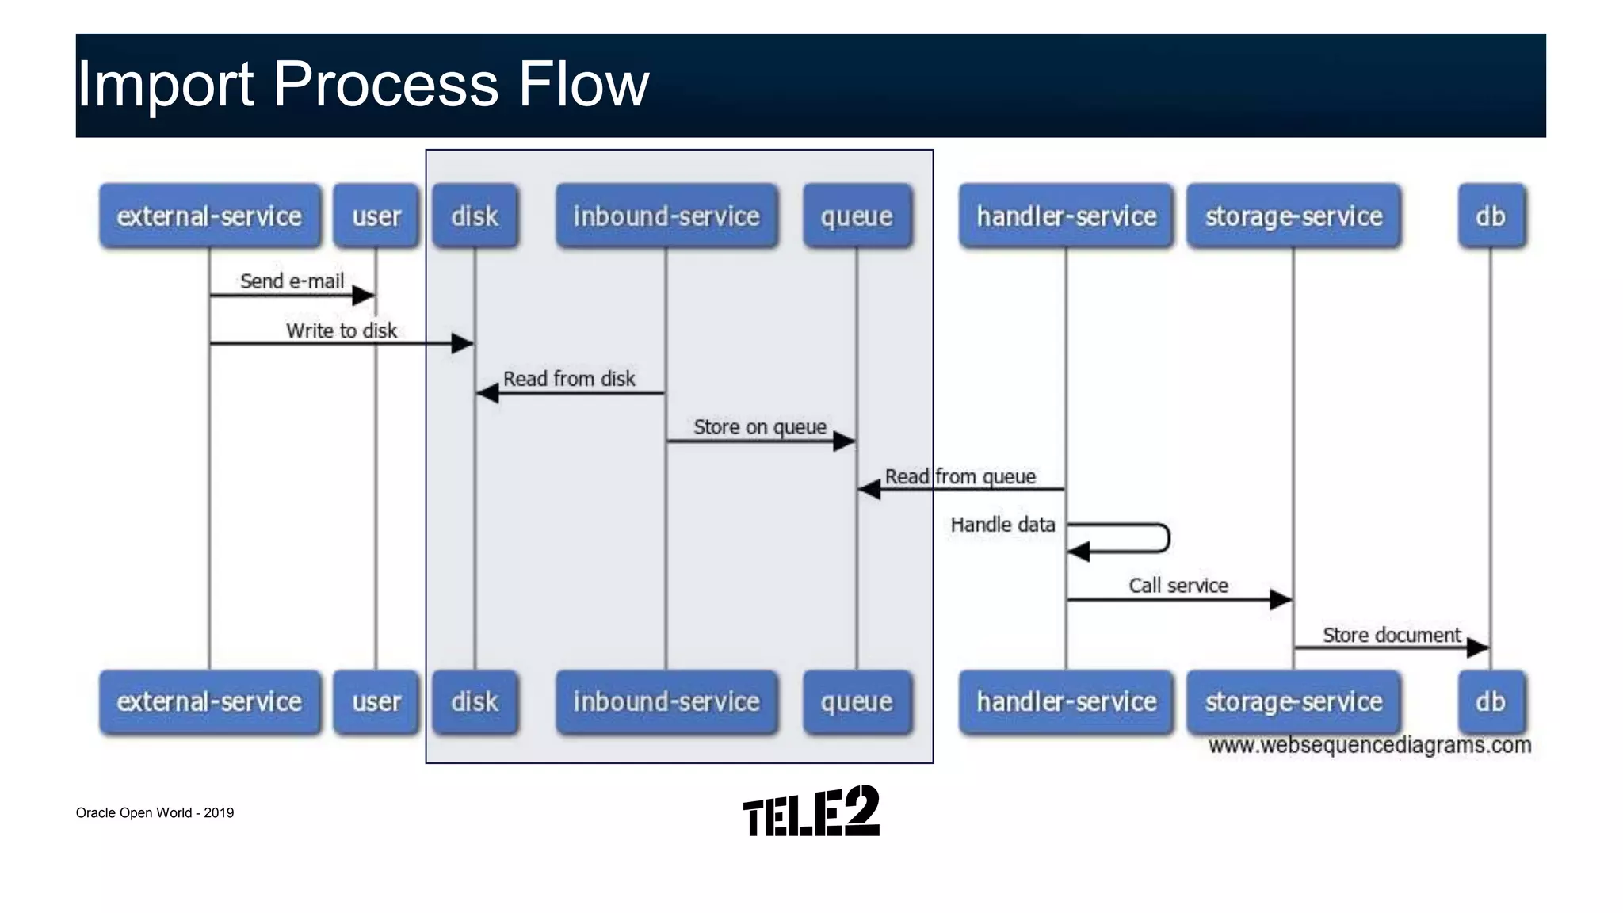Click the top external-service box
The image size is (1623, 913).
(x=210, y=216)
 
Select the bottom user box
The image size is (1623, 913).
(x=376, y=701)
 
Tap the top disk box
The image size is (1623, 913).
(x=475, y=216)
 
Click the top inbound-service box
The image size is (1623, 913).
(x=666, y=216)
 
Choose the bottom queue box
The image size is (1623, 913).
(x=857, y=701)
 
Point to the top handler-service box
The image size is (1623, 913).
(x=1066, y=216)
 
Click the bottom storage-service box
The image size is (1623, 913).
(x=1293, y=701)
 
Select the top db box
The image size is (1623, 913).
(x=1490, y=216)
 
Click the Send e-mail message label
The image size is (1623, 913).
(x=292, y=281)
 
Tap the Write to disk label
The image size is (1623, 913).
(x=341, y=330)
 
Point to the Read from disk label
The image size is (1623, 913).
(x=569, y=379)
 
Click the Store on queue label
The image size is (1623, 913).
(x=759, y=427)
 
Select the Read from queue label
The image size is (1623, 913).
(x=960, y=476)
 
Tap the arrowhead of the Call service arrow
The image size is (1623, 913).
(x=1281, y=600)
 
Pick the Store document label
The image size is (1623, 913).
(x=1391, y=635)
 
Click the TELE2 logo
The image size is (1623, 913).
(x=811, y=812)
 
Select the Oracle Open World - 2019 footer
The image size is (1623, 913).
(x=155, y=812)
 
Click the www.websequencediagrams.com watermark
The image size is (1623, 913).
(x=1369, y=745)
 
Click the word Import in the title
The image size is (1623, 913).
(x=164, y=84)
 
